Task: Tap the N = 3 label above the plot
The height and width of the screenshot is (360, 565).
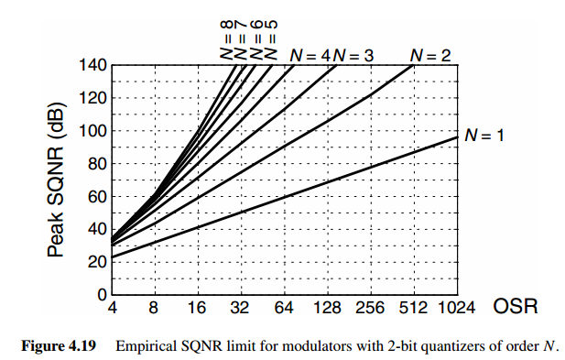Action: point(353,55)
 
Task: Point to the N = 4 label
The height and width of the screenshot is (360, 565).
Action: point(310,55)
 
